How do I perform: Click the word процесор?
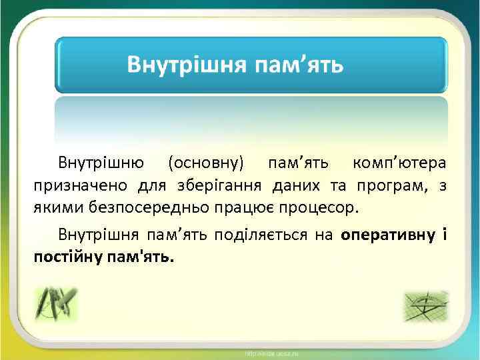point(323,206)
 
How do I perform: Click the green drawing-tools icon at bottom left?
point(57,304)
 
